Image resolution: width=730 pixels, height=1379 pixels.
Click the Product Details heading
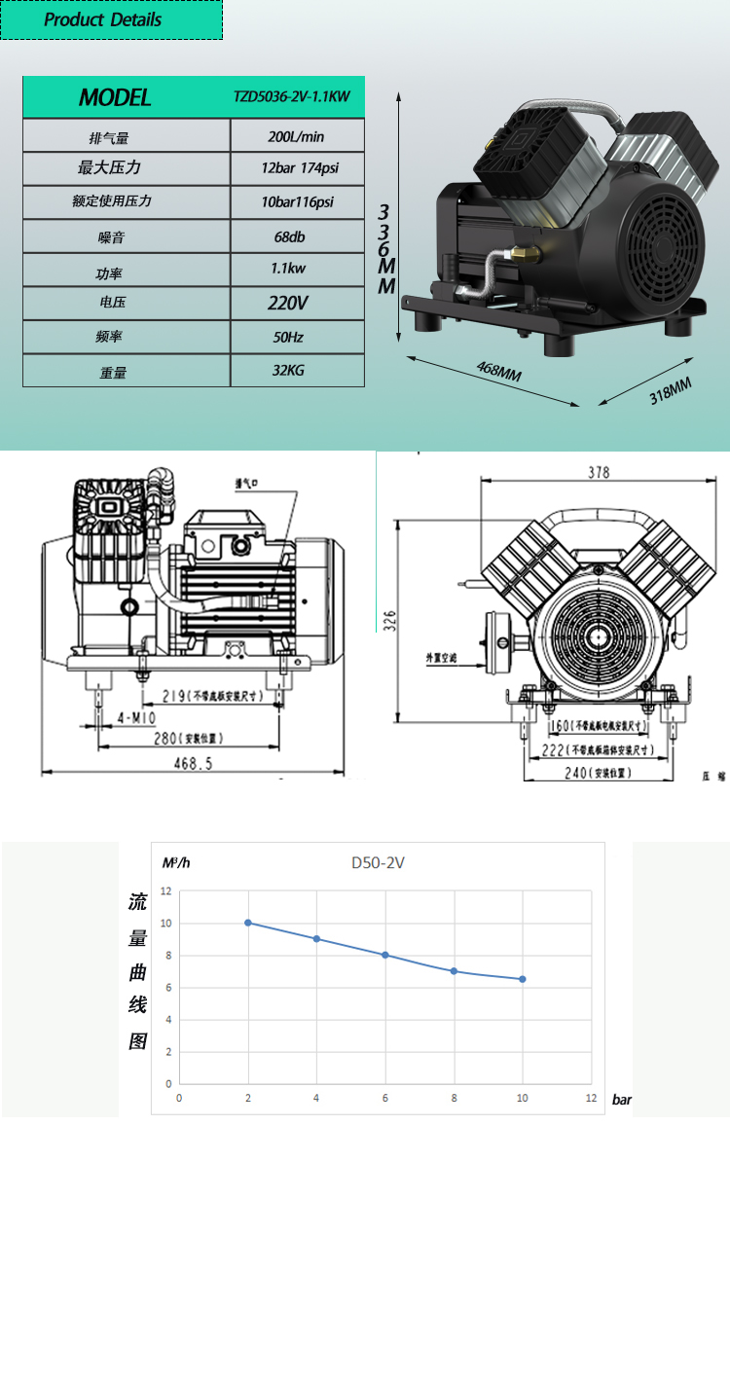pyautogui.click(x=103, y=19)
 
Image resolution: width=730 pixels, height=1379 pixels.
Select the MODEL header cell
pyautogui.click(x=115, y=97)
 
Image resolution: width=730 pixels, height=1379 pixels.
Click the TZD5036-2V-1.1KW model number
pyautogui.click(x=291, y=97)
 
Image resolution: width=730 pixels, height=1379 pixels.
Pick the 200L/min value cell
pyautogui.click(x=296, y=136)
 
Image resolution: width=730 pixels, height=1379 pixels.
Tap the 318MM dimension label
pyautogui.click(x=670, y=390)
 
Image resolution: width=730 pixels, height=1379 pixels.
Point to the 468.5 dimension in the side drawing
pyautogui.click(x=193, y=764)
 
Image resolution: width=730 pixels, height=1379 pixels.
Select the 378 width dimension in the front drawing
pyautogui.click(x=598, y=473)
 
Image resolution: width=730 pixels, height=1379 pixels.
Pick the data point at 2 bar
pyautogui.click(x=248, y=923)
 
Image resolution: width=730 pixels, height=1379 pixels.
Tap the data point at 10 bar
pyautogui.click(x=523, y=979)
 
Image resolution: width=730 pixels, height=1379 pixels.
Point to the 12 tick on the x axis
pyautogui.click(x=591, y=1098)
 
